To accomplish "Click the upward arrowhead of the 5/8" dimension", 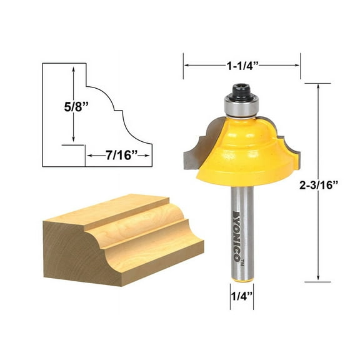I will pyautogui.click(x=74, y=71).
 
